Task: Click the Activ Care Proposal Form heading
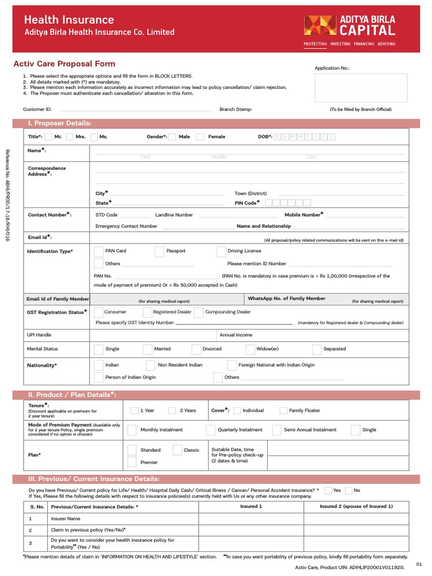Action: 64,64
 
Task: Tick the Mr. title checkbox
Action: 49,137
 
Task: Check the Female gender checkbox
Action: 201,137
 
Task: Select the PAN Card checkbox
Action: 98,251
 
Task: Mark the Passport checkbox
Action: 159,251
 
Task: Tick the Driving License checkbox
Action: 221,251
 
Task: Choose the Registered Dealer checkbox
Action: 147,312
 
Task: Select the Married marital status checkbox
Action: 147,349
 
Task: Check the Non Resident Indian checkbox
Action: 151,365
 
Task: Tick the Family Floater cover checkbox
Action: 283,411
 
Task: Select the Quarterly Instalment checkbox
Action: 211,430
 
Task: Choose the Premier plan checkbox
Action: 132,462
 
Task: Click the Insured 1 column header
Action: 251,506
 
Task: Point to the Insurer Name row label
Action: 66,519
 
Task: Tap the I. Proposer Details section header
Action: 60,123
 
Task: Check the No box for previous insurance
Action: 349,490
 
